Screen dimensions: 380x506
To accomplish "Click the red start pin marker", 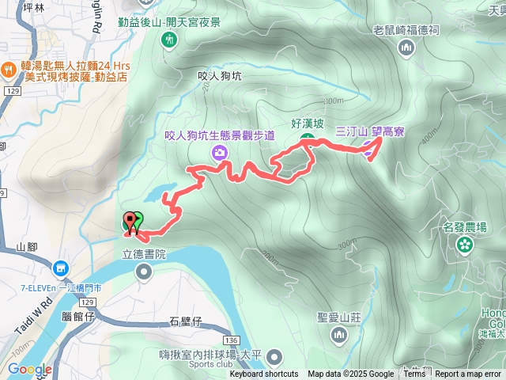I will pyautogui.click(x=130, y=222).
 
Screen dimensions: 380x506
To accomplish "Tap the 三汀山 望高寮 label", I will pyautogui.click(x=370, y=132).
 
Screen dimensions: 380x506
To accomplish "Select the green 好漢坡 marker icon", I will pyautogui.click(x=308, y=140).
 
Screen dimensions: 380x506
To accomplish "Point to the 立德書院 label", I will pyautogui.click(x=144, y=255).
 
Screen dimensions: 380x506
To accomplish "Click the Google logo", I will pyautogui.click(x=29, y=370).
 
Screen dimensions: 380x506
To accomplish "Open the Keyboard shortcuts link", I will pyautogui.click(x=264, y=374).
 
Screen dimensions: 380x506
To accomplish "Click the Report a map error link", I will pyautogui.click(x=469, y=374).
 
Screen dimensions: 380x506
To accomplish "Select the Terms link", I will pyautogui.click(x=414, y=374).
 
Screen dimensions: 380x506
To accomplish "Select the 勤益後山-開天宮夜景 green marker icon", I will pyautogui.click(x=169, y=40).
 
